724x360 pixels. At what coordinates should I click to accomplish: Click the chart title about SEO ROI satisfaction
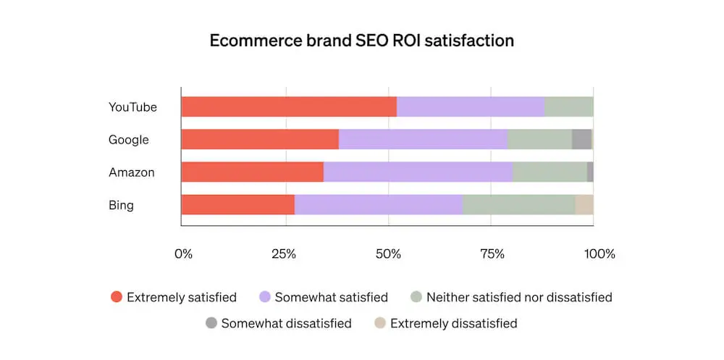361,41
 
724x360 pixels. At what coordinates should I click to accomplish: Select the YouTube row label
132,107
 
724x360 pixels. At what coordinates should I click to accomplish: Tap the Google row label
129,140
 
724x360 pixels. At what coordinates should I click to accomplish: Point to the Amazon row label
132,172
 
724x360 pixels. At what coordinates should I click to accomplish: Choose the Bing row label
121,205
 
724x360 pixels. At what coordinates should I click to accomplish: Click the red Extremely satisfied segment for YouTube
289,107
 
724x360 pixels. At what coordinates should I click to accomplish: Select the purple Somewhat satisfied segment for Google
423,140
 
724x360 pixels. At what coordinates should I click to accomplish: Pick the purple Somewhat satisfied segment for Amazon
418,172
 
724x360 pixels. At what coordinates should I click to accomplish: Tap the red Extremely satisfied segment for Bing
238,205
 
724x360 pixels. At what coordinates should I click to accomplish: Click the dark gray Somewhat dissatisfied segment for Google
581,140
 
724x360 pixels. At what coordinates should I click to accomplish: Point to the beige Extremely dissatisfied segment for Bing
584,205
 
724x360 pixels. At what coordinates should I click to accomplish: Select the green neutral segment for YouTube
568,107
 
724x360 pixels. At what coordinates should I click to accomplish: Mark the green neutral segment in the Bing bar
518,205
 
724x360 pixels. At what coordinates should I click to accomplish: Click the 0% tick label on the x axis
184,254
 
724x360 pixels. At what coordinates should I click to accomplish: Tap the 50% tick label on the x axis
389,254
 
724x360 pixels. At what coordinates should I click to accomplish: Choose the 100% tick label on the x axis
599,254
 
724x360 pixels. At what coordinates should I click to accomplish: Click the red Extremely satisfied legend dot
117,297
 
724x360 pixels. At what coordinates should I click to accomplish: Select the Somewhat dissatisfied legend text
287,323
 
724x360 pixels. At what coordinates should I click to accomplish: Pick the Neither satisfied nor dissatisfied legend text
519,297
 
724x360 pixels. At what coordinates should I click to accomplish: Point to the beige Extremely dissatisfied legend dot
379,323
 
